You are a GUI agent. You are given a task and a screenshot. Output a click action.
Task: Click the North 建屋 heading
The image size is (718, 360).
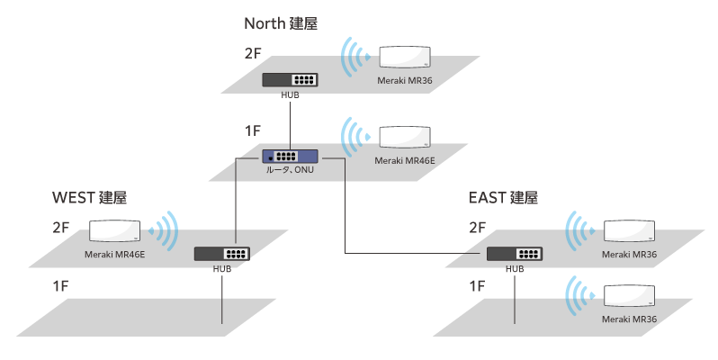coord(281,22)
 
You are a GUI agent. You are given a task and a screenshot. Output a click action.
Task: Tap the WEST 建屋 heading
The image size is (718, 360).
coord(90,197)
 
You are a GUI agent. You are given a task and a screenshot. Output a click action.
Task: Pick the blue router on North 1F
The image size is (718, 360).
coord(290,157)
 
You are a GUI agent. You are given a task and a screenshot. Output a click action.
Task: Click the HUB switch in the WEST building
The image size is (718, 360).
coord(221,254)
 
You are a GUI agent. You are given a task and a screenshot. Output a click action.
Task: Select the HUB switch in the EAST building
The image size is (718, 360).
coord(515,254)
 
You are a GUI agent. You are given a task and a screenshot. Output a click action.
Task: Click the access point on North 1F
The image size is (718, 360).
coord(403,137)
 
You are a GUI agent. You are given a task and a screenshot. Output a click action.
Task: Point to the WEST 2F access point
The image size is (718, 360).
coord(114,230)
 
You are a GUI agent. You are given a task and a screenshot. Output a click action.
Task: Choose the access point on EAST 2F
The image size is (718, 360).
coord(629,230)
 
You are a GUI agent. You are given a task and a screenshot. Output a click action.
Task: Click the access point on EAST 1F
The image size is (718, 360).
coord(629,296)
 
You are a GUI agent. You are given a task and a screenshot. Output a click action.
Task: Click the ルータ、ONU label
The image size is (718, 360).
coord(290,171)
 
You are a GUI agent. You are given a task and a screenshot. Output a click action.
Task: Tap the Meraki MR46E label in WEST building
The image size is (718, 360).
coord(114,254)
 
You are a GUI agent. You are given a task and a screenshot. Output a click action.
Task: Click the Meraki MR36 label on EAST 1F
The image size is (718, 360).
coord(629,319)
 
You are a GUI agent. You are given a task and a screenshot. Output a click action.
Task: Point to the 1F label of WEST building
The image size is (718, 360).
coord(61,286)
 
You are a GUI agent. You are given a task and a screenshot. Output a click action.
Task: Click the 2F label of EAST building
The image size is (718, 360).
coord(478,229)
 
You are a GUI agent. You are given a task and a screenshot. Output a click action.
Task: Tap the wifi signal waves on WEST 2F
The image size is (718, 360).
coord(165,230)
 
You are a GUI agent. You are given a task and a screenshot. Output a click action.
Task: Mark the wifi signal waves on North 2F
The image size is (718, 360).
coord(355,58)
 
